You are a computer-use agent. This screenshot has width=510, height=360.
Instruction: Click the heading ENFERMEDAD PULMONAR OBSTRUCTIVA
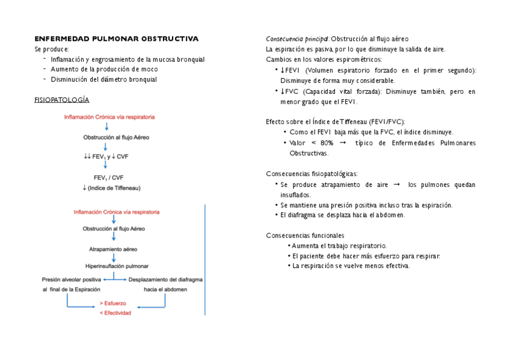[x=116, y=38]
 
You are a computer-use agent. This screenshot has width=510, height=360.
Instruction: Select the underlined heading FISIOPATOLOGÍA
[x=62, y=100]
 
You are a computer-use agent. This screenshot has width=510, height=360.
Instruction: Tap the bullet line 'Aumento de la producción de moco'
[x=104, y=69]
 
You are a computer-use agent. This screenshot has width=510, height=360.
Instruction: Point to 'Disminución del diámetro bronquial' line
[x=103, y=79]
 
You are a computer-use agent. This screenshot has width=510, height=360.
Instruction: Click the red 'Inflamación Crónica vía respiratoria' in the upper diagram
[x=109, y=117]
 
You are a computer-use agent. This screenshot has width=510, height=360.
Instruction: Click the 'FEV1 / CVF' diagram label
[x=108, y=177]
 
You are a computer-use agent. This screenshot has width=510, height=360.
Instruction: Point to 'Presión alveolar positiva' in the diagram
[x=72, y=279]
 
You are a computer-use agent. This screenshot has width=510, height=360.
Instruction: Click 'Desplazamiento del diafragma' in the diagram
[x=166, y=279]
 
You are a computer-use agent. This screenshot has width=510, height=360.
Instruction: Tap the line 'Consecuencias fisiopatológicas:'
[x=312, y=174]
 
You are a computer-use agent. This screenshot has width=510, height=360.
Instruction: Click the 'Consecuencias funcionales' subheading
[x=305, y=236]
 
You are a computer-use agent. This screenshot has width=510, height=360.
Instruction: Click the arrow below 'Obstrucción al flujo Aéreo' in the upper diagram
[x=105, y=147]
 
